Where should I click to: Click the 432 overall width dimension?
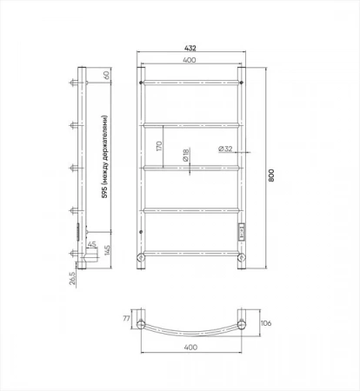(x=190, y=48)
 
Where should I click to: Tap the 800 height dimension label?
(x=271, y=175)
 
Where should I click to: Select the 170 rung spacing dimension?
(x=159, y=146)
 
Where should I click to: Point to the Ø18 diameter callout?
(x=186, y=155)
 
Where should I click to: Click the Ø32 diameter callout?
(x=225, y=149)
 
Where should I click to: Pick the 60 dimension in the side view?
(x=106, y=75)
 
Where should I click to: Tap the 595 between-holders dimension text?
(x=104, y=156)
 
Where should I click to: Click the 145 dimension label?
(x=107, y=250)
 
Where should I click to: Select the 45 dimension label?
(x=92, y=244)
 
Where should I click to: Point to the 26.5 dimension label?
(x=72, y=278)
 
